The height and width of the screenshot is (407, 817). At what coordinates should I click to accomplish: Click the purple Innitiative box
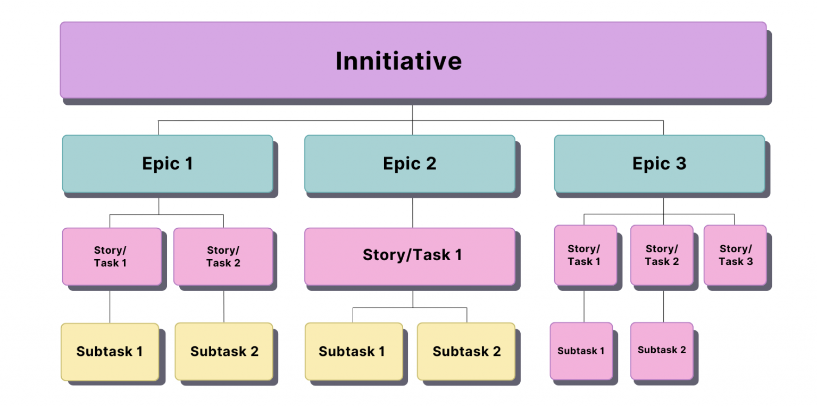tap(413, 60)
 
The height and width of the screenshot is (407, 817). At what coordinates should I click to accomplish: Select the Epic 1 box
tap(167, 163)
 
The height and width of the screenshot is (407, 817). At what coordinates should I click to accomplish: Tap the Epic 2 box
tap(410, 163)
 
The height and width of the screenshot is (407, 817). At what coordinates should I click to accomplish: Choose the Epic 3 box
tap(659, 163)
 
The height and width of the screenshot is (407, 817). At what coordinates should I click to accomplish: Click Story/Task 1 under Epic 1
tap(111, 256)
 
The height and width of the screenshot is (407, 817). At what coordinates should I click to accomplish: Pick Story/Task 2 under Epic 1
tap(223, 256)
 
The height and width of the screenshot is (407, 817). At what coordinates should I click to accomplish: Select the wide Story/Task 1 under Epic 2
tap(410, 256)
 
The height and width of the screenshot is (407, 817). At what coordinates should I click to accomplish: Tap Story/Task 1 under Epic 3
tap(585, 255)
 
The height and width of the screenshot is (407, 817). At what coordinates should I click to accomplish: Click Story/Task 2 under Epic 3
tap(662, 255)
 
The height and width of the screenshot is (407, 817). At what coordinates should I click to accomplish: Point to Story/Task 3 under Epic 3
tap(735, 255)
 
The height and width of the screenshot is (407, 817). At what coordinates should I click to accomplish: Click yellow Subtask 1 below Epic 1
tap(110, 352)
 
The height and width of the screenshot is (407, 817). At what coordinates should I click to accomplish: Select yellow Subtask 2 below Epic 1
tap(224, 352)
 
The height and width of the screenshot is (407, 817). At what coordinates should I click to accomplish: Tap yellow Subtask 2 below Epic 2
tap(466, 352)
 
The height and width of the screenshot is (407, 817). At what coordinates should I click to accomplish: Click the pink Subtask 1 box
tap(581, 351)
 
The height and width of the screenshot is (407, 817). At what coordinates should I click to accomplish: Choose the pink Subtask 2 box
tap(662, 350)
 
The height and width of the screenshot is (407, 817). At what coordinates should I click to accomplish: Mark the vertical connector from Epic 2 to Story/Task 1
tap(413, 213)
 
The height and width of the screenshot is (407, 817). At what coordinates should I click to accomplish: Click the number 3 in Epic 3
tap(681, 164)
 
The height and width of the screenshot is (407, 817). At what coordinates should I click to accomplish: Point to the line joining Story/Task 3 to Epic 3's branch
tap(735, 219)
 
